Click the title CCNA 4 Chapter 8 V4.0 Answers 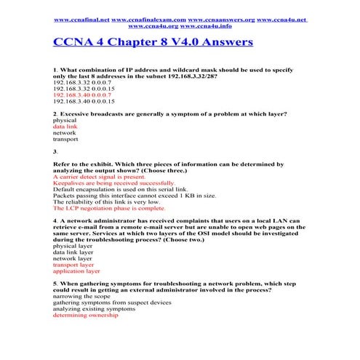[153, 42]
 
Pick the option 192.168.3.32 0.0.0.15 [84, 87]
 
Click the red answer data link [65, 126]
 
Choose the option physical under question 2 [65, 120]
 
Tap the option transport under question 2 [66, 138]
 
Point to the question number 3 [55, 151]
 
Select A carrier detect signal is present [99, 176]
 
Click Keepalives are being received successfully [113, 183]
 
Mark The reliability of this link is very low [107, 201]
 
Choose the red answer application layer [76, 271]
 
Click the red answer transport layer [73, 265]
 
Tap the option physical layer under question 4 [72, 246]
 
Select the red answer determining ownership [85, 315]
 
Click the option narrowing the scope [82, 297]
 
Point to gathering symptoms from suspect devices [112, 303]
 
